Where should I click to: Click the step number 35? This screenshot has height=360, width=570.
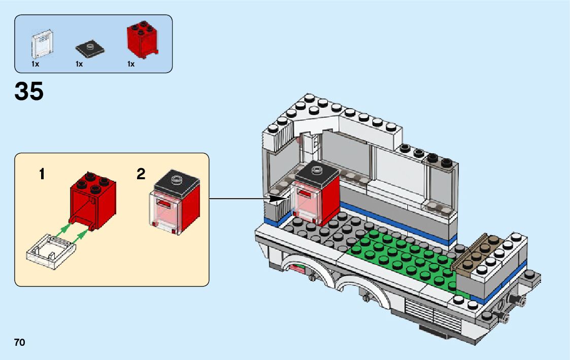click(29, 91)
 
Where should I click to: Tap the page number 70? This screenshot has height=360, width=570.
click(20, 342)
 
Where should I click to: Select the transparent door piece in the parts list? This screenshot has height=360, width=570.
click(43, 45)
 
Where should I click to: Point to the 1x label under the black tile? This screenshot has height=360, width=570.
click(79, 64)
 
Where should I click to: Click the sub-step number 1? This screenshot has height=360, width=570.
click(42, 175)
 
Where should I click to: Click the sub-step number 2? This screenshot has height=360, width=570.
click(141, 175)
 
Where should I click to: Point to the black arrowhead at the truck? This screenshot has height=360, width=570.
click(277, 199)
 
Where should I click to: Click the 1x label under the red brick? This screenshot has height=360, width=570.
click(131, 64)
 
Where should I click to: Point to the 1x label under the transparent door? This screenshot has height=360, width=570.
click(35, 64)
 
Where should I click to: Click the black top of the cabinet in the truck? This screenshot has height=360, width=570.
click(317, 171)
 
